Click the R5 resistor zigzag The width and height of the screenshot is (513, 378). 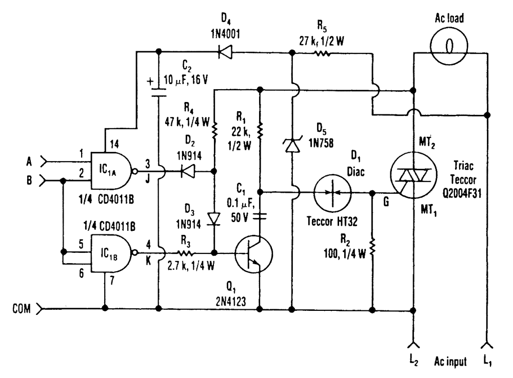click(x=323, y=51)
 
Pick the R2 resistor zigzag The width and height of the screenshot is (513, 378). click(x=371, y=249)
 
